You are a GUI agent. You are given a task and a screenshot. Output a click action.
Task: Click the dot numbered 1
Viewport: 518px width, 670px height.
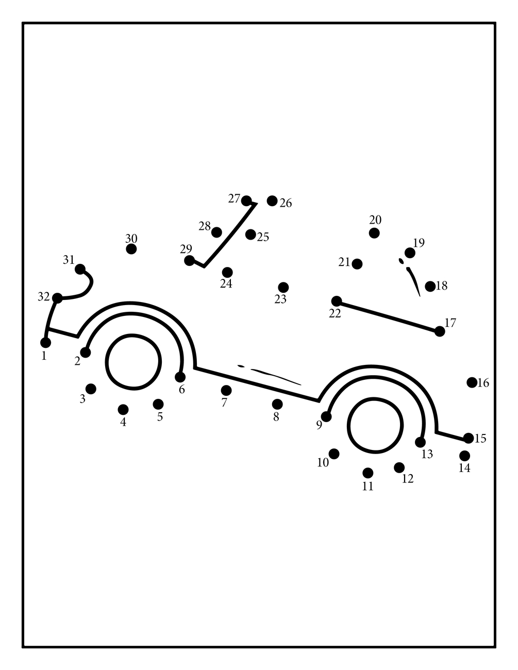(45, 343)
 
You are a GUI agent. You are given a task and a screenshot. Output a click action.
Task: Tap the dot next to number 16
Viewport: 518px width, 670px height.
(472, 382)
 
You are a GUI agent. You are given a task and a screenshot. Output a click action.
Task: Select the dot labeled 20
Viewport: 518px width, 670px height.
(374, 233)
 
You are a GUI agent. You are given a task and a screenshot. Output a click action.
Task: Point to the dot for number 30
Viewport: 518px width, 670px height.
(131, 249)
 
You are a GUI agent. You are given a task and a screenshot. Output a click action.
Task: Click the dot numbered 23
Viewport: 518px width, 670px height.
(283, 287)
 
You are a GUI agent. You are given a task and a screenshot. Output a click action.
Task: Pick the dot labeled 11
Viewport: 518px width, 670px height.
(368, 473)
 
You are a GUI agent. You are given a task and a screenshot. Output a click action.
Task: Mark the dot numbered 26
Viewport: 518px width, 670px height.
(272, 200)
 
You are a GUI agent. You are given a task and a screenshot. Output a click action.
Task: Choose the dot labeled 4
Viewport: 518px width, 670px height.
(123, 409)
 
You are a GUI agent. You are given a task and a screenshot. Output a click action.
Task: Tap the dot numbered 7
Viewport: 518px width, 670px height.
(226, 390)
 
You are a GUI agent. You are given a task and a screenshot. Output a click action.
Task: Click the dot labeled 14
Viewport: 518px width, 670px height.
(464, 456)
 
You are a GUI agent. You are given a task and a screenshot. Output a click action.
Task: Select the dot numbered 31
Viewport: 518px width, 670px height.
(80, 269)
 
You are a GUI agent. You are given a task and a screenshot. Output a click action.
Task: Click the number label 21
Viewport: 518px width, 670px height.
(344, 262)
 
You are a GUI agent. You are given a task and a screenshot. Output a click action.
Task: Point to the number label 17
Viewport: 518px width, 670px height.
(450, 323)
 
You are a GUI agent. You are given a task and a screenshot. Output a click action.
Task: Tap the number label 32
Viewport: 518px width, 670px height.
(43, 297)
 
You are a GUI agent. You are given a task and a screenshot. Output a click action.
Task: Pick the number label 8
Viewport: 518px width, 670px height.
(276, 417)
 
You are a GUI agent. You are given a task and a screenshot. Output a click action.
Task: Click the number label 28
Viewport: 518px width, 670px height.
(205, 226)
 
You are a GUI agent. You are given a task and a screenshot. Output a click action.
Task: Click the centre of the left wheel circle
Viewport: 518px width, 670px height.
(133, 361)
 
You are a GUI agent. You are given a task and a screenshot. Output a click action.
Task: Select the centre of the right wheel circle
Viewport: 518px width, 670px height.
(375, 426)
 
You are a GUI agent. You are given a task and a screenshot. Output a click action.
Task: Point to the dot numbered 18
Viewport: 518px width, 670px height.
(430, 286)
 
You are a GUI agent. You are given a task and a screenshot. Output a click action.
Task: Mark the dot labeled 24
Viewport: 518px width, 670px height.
(227, 272)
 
